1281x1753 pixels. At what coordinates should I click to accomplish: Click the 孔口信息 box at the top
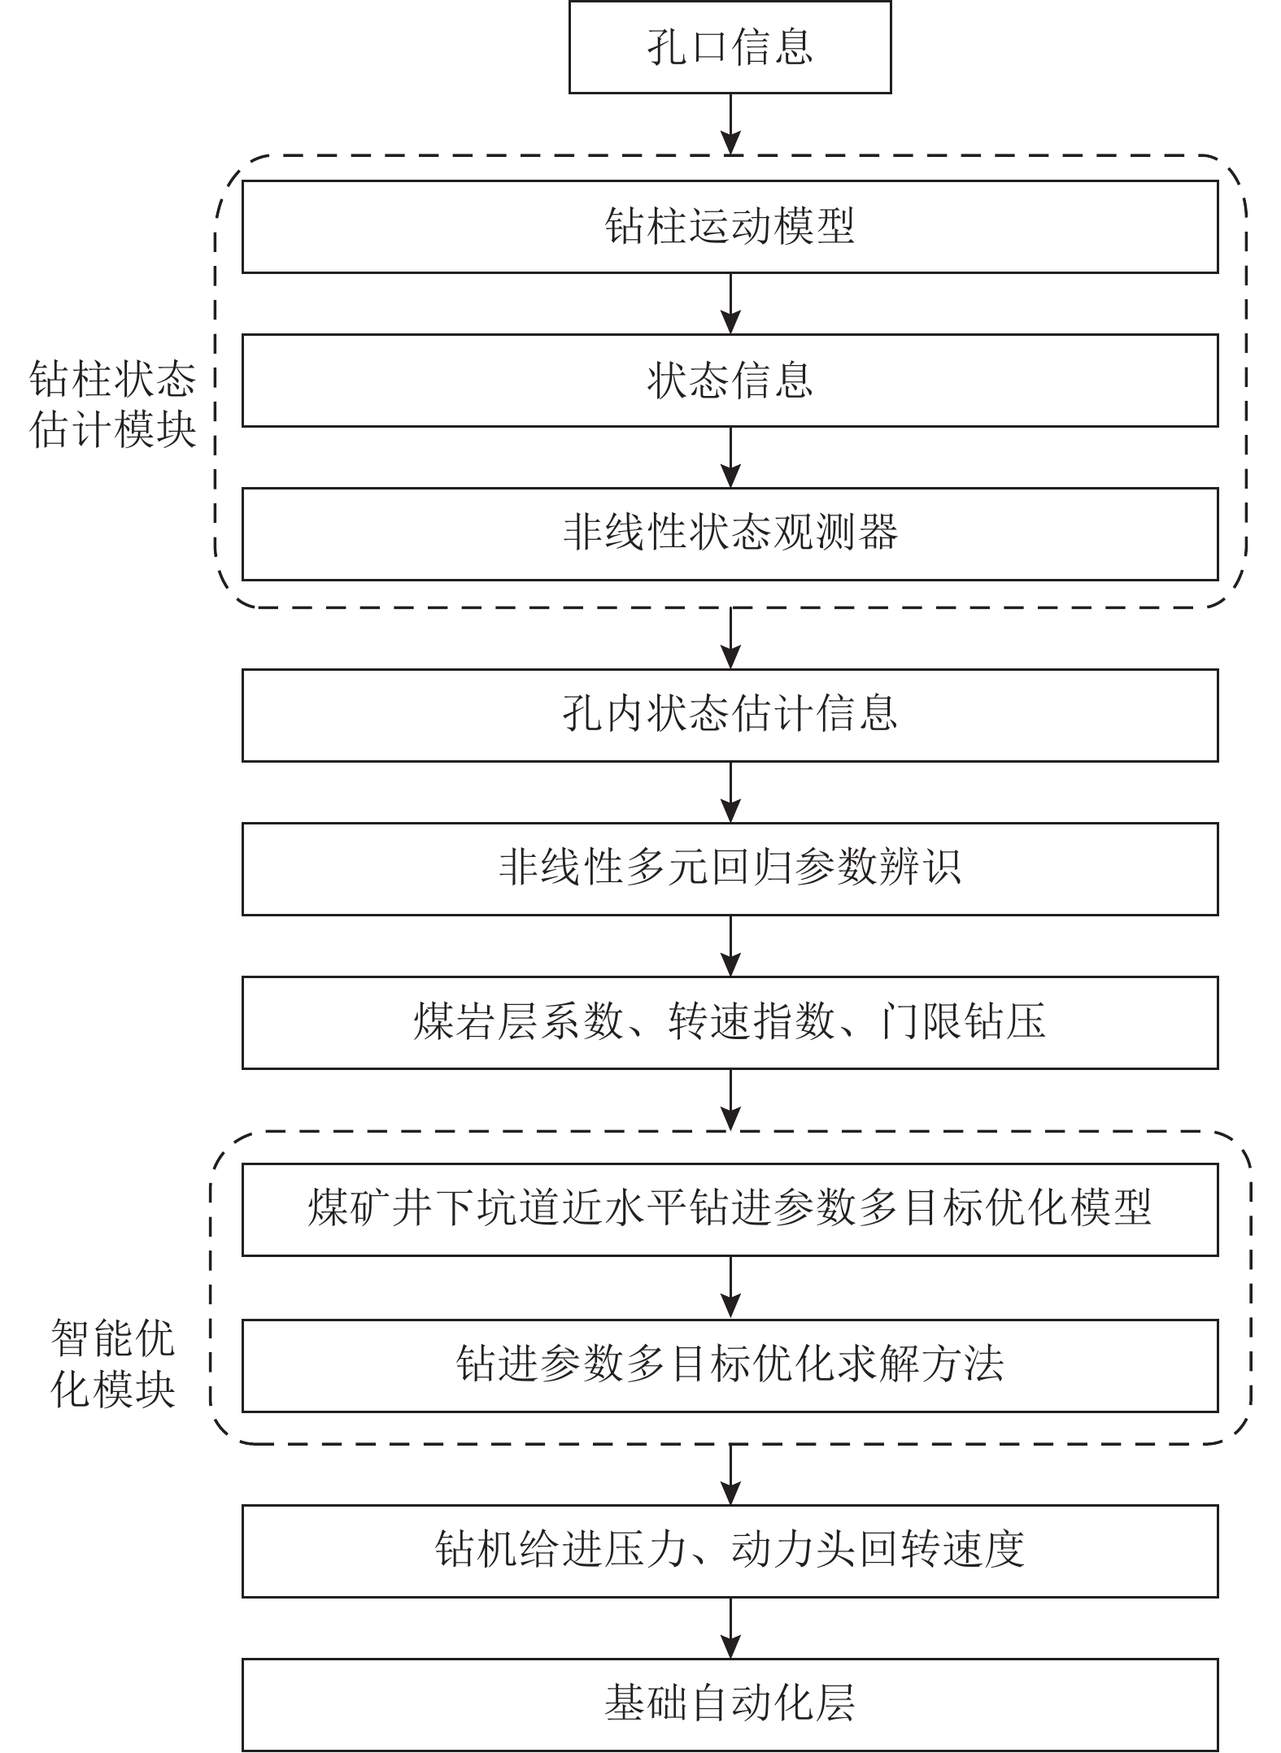(x=730, y=47)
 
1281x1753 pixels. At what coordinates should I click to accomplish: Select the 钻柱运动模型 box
(x=730, y=227)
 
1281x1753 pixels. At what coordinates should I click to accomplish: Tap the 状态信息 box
(x=730, y=380)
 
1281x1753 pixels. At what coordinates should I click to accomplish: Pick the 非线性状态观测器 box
(x=730, y=533)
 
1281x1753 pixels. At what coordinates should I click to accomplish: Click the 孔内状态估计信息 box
(x=730, y=715)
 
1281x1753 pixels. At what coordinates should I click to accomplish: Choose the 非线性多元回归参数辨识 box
(x=730, y=868)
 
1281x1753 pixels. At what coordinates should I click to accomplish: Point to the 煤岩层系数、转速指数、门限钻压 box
(x=730, y=1022)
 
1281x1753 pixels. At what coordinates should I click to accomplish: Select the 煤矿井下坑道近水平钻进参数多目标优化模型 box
(x=730, y=1209)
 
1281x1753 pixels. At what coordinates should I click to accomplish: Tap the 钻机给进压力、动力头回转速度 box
(x=730, y=1551)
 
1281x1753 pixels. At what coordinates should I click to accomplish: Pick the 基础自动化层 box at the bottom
(x=730, y=1704)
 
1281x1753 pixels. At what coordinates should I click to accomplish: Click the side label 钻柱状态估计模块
(x=113, y=404)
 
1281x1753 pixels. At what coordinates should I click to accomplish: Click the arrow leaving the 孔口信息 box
(x=731, y=124)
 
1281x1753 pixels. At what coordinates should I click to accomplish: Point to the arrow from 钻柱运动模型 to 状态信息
(x=731, y=303)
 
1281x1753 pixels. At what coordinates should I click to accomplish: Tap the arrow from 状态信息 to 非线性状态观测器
(x=731, y=457)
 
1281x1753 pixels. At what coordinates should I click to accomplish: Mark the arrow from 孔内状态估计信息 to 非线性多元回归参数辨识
(x=731, y=792)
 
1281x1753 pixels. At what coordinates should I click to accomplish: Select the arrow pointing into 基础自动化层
(x=731, y=1628)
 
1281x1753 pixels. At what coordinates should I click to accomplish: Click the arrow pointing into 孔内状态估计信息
(x=731, y=638)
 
